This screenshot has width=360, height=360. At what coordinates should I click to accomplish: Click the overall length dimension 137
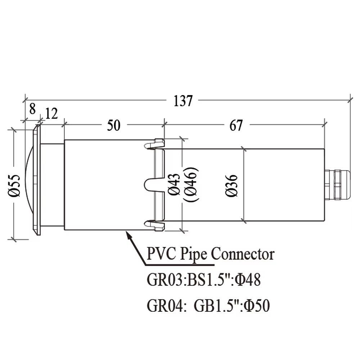pyautogui.click(x=183, y=101)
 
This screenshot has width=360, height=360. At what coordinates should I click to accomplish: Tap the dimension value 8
pyautogui.click(x=32, y=109)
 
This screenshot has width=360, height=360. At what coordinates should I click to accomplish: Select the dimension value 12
pyautogui.click(x=51, y=113)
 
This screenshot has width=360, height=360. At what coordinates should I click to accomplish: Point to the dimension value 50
pyautogui.click(x=114, y=125)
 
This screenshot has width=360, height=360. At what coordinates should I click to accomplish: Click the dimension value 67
pyautogui.click(x=236, y=125)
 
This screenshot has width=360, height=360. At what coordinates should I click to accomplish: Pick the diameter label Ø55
pyautogui.click(x=14, y=185)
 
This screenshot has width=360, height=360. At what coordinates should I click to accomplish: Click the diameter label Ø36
pyautogui.click(x=231, y=185)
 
